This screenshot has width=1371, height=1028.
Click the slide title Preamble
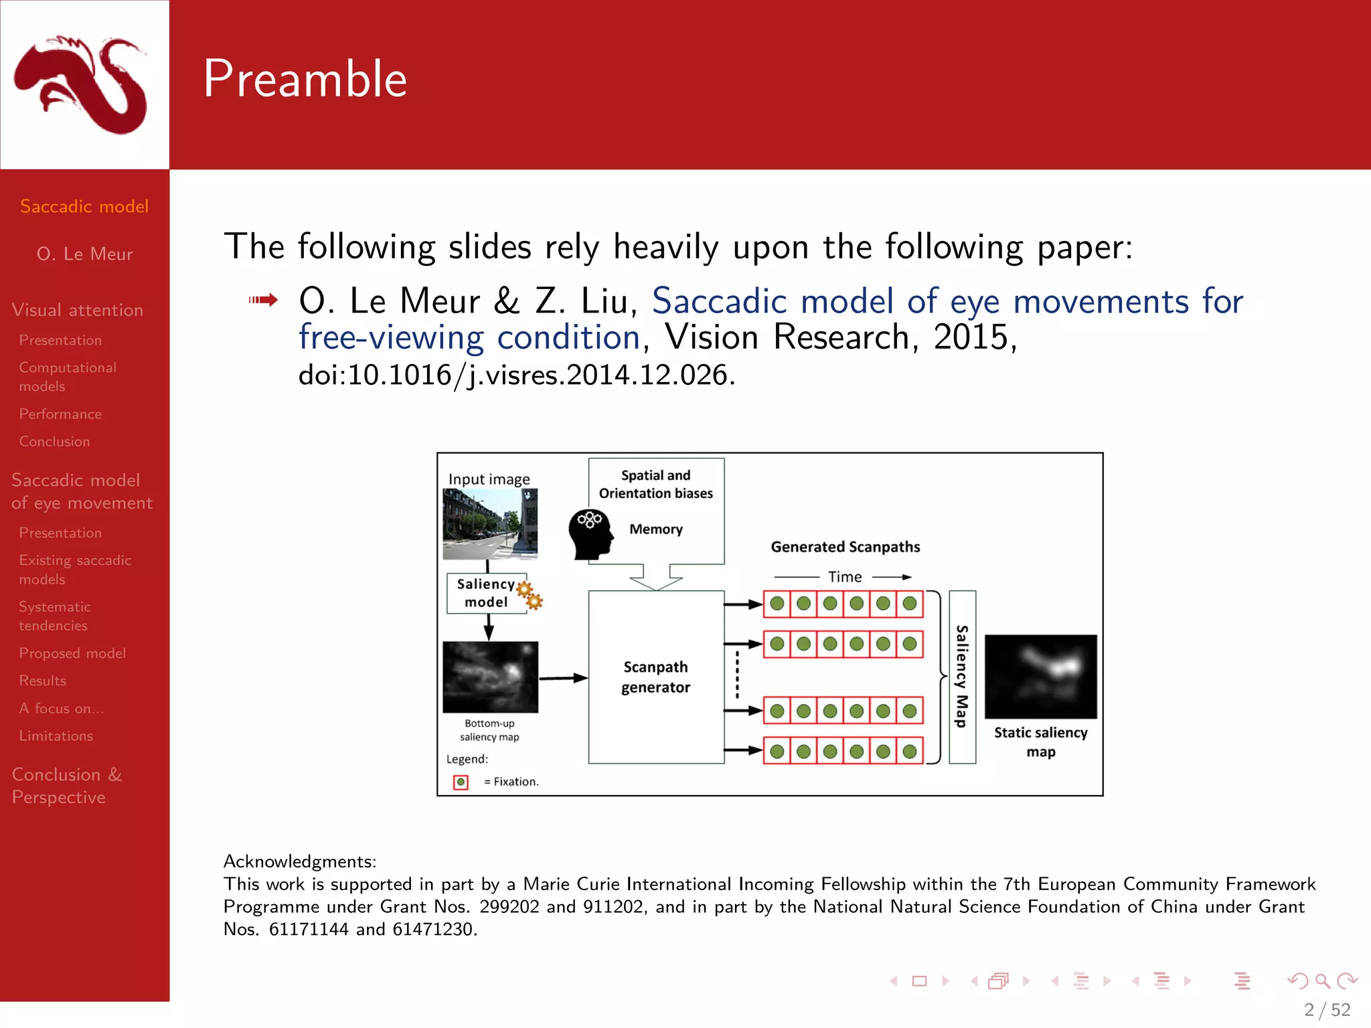[x=305, y=79]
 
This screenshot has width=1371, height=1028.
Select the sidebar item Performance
[x=60, y=414]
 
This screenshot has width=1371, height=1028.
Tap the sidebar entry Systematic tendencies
[x=54, y=616]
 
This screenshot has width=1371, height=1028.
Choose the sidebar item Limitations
[x=56, y=736]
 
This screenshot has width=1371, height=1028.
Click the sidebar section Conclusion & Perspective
[x=66, y=786]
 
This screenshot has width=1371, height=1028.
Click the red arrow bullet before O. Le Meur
[x=263, y=300]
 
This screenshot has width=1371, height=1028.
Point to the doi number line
[x=516, y=375]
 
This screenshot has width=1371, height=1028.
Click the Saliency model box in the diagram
[x=487, y=593]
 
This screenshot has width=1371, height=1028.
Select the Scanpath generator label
[x=655, y=677]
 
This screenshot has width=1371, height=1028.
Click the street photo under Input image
[x=490, y=523]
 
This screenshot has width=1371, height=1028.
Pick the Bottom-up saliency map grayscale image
[x=490, y=677]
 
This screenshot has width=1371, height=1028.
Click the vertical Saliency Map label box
[x=962, y=677]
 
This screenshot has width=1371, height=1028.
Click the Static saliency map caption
[x=1040, y=742]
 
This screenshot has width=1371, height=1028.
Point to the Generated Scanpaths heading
[x=845, y=547]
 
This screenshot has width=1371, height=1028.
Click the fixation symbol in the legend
[x=461, y=782]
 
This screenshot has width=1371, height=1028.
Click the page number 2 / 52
[x=1327, y=1009]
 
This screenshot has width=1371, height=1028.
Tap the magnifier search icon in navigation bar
[x=1322, y=981]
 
